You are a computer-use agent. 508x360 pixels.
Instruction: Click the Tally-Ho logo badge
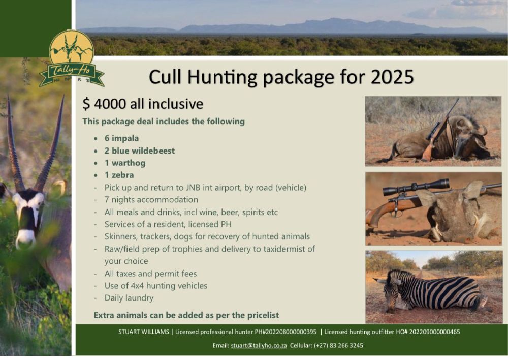(x=71, y=58)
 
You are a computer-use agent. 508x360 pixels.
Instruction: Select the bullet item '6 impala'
(x=121, y=138)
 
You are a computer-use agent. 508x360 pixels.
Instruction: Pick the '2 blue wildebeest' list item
(x=139, y=151)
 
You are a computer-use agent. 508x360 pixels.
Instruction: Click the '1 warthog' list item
(x=125, y=163)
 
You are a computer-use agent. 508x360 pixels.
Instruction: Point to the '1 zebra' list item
(x=119, y=175)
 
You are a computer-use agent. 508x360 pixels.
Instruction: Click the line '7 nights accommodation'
(x=151, y=200)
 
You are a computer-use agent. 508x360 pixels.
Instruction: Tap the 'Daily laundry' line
(x=129, y=298)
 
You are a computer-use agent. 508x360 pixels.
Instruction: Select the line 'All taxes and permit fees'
(x=150, y=274)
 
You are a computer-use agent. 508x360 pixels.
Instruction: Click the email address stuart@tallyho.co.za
(x=259, y=346)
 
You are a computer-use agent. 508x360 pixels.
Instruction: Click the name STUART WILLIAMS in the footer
(x=144, y=332)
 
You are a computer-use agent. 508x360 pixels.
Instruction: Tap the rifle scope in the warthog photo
(x=416, y=187)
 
